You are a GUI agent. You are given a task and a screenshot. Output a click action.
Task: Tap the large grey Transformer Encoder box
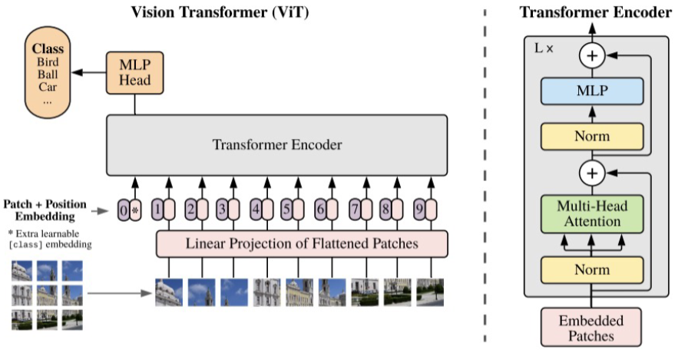pyautogui.click(x=276, y=144)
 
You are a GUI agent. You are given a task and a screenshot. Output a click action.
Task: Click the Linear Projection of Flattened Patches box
pyautogui.click(x=302, y=244)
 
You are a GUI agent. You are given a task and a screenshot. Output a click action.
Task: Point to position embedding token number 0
pyautogui.click(x=124, y=209)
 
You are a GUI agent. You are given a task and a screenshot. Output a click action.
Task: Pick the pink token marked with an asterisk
pyautogui.click(x=136, y=209)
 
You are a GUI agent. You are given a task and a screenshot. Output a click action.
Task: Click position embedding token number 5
pyautogui.click(x=286, y=209)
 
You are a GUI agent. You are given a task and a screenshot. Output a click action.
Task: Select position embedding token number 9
pyautogui.click(x=418, y=209)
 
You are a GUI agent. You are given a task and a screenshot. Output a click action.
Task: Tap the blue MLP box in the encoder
pyautogui.click(x=591, y=91)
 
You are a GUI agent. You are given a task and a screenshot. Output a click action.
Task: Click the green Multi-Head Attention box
pyautogui.click(x=591, y=214)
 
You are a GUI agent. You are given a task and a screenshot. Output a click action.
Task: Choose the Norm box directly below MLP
pyautogui.click(x=591, y=136)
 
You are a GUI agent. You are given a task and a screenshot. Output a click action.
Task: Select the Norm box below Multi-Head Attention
pyautogui.click(x=591, y=269)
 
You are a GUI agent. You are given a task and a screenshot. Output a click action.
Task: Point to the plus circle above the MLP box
pyautogui.click(x=591, y=54)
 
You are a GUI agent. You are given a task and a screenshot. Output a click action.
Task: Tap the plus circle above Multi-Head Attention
pyautogui.click(x=591, y=173)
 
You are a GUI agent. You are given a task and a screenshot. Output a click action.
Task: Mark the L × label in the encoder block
pyautogui.click(x=544, y=48)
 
